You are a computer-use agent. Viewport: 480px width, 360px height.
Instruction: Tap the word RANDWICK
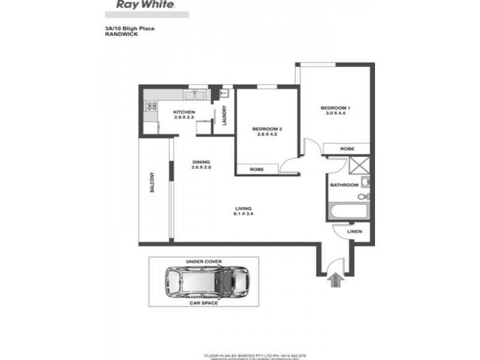pos(119,34)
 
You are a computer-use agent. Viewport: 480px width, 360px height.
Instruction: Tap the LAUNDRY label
pos(223,116)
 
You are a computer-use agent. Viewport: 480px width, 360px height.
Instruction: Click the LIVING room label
pos(243,208)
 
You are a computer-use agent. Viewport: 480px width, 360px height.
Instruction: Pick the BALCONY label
pos(154,183)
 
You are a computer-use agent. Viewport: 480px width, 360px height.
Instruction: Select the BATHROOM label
pos(344,185)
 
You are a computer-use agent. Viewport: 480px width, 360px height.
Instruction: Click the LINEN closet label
pos(355,231)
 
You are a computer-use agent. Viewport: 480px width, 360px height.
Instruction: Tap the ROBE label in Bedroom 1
pos(346,148)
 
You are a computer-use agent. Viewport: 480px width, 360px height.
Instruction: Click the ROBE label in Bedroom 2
pos(256,170)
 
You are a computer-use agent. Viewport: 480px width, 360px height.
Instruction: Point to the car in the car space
pos(206,282)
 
